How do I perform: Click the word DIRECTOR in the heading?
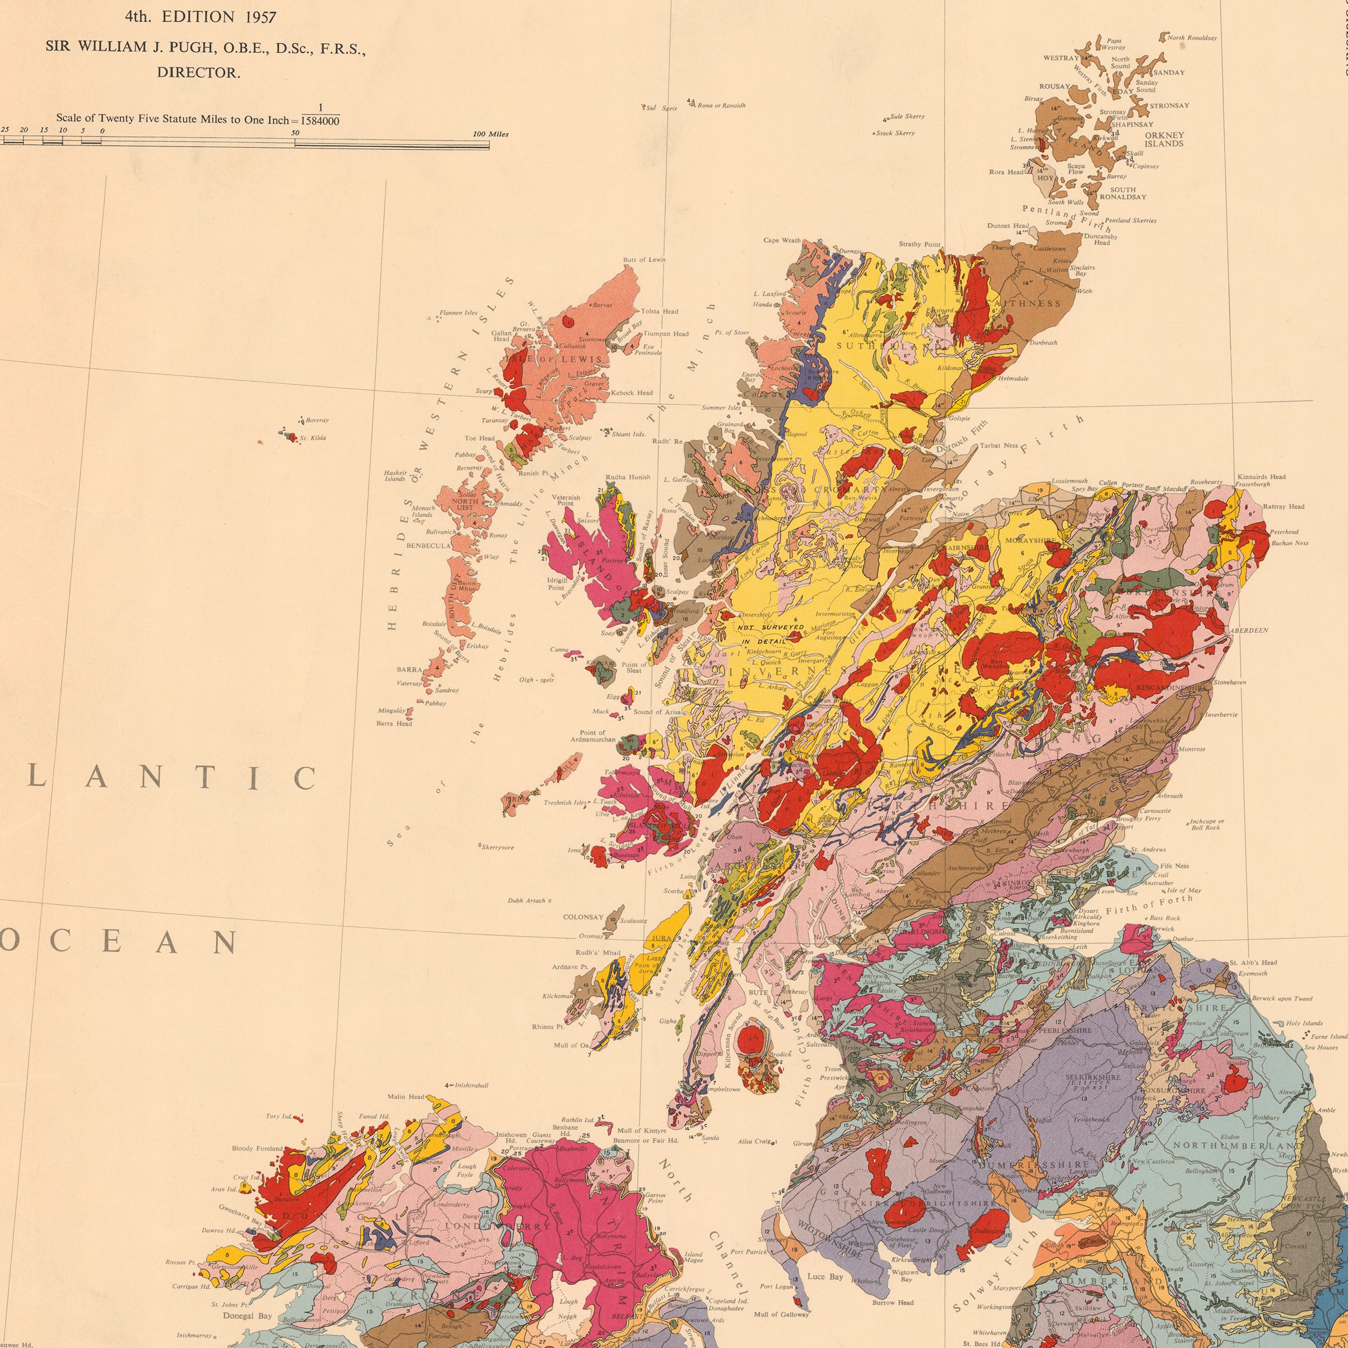pyautogui.click(x=198, y=73)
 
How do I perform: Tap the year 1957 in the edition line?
pyautogui.click(x=260, y=17)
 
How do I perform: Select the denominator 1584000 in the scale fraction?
pyautogui.click(x=320, y=121)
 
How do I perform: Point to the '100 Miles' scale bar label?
pyautogui.click(x=491, y=134)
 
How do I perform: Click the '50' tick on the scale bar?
pyautogui.click(x=295, y=133)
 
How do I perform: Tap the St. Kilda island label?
pyautogui.click(x=313, y=438)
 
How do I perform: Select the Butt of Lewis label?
pyautogui.click(x=644, y=259)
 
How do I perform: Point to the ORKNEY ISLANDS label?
pyautogui.click(x=1164, y=140)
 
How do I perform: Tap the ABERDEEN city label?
pyautogui.click(x=1249, y=630)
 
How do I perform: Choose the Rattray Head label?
pyautogui.click(x=1283, y=506)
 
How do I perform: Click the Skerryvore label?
pyautogui.click(x=498, y=847)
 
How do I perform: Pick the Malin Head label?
pyautogui.click(x=406, y=1097)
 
